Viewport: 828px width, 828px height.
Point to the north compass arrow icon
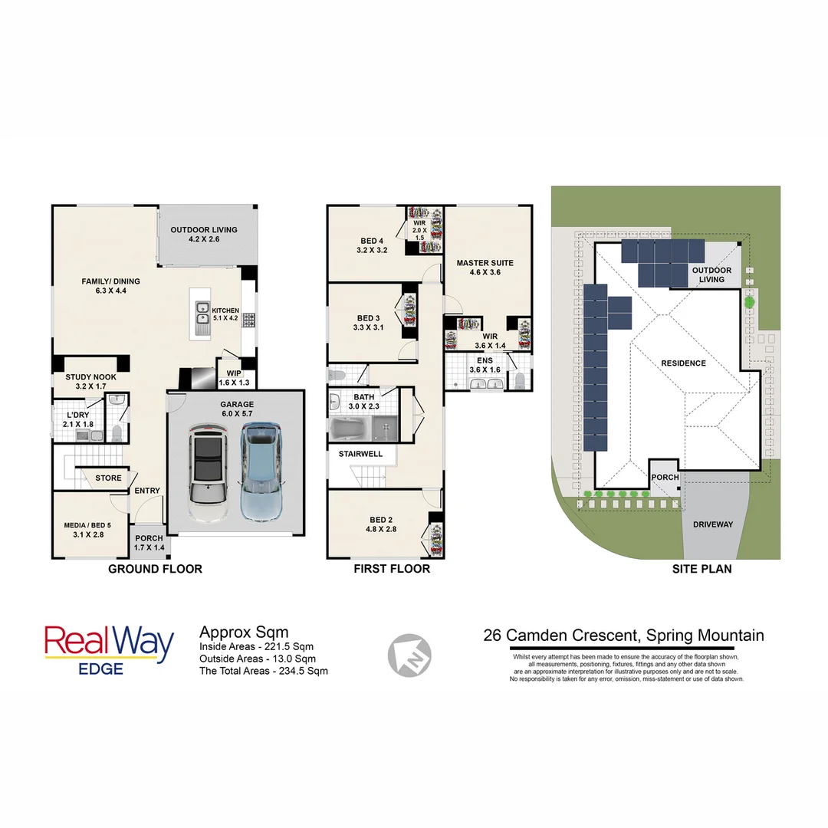409,655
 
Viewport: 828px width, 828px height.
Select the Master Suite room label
485,268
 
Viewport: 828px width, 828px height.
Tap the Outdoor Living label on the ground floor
204,235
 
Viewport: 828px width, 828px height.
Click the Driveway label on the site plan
713,525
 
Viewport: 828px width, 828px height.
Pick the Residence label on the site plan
682,363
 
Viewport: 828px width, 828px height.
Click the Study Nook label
91,382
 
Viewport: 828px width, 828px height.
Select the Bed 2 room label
381,524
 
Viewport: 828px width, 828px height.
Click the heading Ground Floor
155,569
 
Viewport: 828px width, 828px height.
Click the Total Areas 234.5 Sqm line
264,670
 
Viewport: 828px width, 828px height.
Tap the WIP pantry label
235,378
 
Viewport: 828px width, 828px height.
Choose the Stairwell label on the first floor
360,455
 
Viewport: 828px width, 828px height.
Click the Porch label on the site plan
665,477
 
